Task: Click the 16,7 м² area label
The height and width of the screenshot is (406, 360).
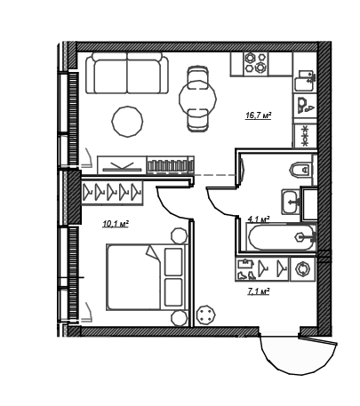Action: [x=259, y=115]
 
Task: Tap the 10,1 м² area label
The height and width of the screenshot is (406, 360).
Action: [x=116, y=224]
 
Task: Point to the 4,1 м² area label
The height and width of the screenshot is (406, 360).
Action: [x=259, y=219]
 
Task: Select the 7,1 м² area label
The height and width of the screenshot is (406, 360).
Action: [x=259, y=292]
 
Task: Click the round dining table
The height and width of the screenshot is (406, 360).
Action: [x=197, y=99]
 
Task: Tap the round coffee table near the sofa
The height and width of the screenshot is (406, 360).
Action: [x=127, y=122]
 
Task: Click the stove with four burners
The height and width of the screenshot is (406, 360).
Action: [x=255, y=63]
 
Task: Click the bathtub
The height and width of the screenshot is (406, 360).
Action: [x=281, y=237]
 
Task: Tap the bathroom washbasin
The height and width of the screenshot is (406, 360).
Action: [x=291, y=202]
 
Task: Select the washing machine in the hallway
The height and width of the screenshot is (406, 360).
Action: [x=302, y=269]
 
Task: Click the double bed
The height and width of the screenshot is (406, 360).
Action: [x=148, y=277]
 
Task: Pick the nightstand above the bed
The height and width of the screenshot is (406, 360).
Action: [x=180, y=236]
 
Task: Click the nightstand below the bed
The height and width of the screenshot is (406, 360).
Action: [x=180, y=319]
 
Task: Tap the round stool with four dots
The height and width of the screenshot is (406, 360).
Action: [x=206, y=314]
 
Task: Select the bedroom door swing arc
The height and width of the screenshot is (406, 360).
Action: [x=170, y=206]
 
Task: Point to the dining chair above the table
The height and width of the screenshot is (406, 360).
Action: [x=197, y=76]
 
